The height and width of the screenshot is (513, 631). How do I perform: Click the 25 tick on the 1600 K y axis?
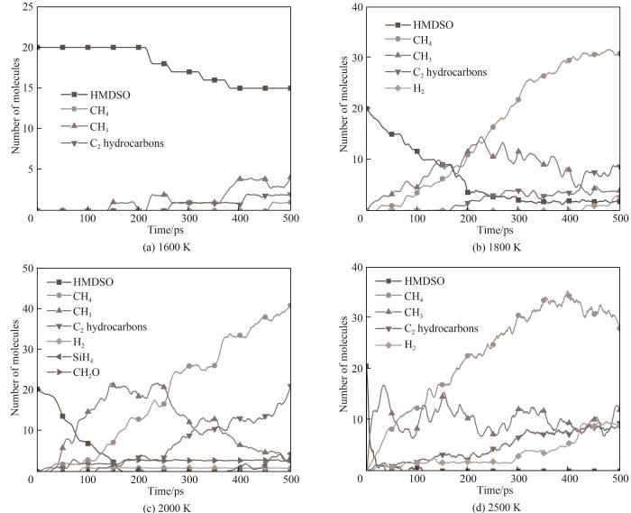pyautogui.click(x=23, y=7)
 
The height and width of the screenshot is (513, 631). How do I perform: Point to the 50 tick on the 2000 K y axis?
pyautogui.click(x=23, y=268)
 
